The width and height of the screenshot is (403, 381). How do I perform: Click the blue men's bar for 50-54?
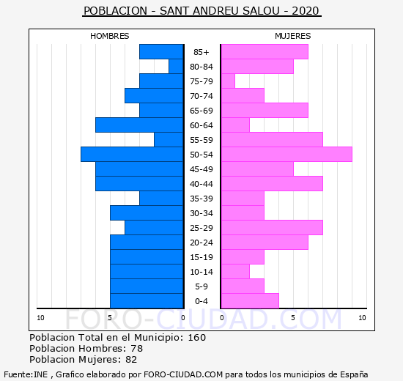pos(132,155)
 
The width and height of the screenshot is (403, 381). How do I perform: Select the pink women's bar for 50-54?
pos(286,155)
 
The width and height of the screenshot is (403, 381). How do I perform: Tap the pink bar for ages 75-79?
pos(228,81)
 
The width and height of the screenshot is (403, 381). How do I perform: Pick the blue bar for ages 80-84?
pos(176,67)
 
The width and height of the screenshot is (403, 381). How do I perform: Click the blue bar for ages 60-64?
pos(139,125)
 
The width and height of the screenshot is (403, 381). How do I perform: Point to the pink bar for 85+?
pos(265,52)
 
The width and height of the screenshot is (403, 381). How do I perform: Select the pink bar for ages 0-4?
pos(250,301)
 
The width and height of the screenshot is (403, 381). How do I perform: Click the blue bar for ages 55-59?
pos(169,140)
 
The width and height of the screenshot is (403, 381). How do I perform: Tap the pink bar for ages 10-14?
pos(235,272)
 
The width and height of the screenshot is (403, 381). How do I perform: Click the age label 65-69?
pos(202,111)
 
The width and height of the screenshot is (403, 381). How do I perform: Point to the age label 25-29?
pos(202,228)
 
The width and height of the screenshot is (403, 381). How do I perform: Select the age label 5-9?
pos(202,286)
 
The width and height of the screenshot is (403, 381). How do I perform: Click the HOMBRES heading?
pos(110,36)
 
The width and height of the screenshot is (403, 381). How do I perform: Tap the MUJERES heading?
pos(293,36)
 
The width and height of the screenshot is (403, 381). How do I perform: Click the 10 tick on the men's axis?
pos(40,318)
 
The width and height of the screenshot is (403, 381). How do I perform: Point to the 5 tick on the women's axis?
pos(293,318)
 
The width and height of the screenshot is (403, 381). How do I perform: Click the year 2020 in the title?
pos(306,11)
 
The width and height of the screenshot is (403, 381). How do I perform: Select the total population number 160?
pos(197,338)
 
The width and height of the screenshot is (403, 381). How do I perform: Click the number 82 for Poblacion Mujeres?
pos(131,360)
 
